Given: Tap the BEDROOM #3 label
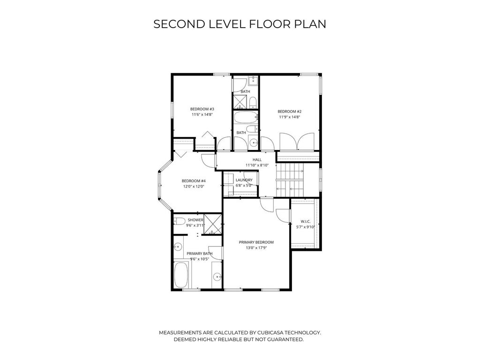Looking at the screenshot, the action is pyautogui.click(x=202, y=109).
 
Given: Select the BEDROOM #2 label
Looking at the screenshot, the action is pyautogui.click(x=290, y=112).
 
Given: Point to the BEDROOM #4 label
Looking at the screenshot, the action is pyautogui.click(x=194, y=180).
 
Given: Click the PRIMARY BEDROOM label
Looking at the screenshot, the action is pyautogui.click(x=256, y=242).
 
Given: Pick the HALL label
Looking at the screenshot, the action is pyautogui.click(x=257, y=159).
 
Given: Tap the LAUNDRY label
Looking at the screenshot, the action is pyautogui.click(x=244, y=180).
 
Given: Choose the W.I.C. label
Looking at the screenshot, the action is pyautogui.click(x=306, y=221).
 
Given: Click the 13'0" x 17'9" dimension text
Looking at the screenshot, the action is pyautogui.click(x=256, y=247).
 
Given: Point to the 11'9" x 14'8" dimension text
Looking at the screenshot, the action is pyautogui.click(x=290, y=117).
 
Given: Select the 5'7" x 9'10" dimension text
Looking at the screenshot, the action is pyautogui.click(x=306, y=227).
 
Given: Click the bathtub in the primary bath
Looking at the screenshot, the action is pyautogui.click(x=181, y=275).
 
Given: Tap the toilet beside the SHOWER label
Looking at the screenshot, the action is pyautogui.click(x=179, y=221).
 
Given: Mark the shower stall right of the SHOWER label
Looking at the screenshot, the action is pyautogui.click(x=213, y=224).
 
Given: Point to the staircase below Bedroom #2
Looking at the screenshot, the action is pyautogui.click(x=290, y=180).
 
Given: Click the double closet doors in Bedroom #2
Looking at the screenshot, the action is pyautogui.click(x=297, y=142).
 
